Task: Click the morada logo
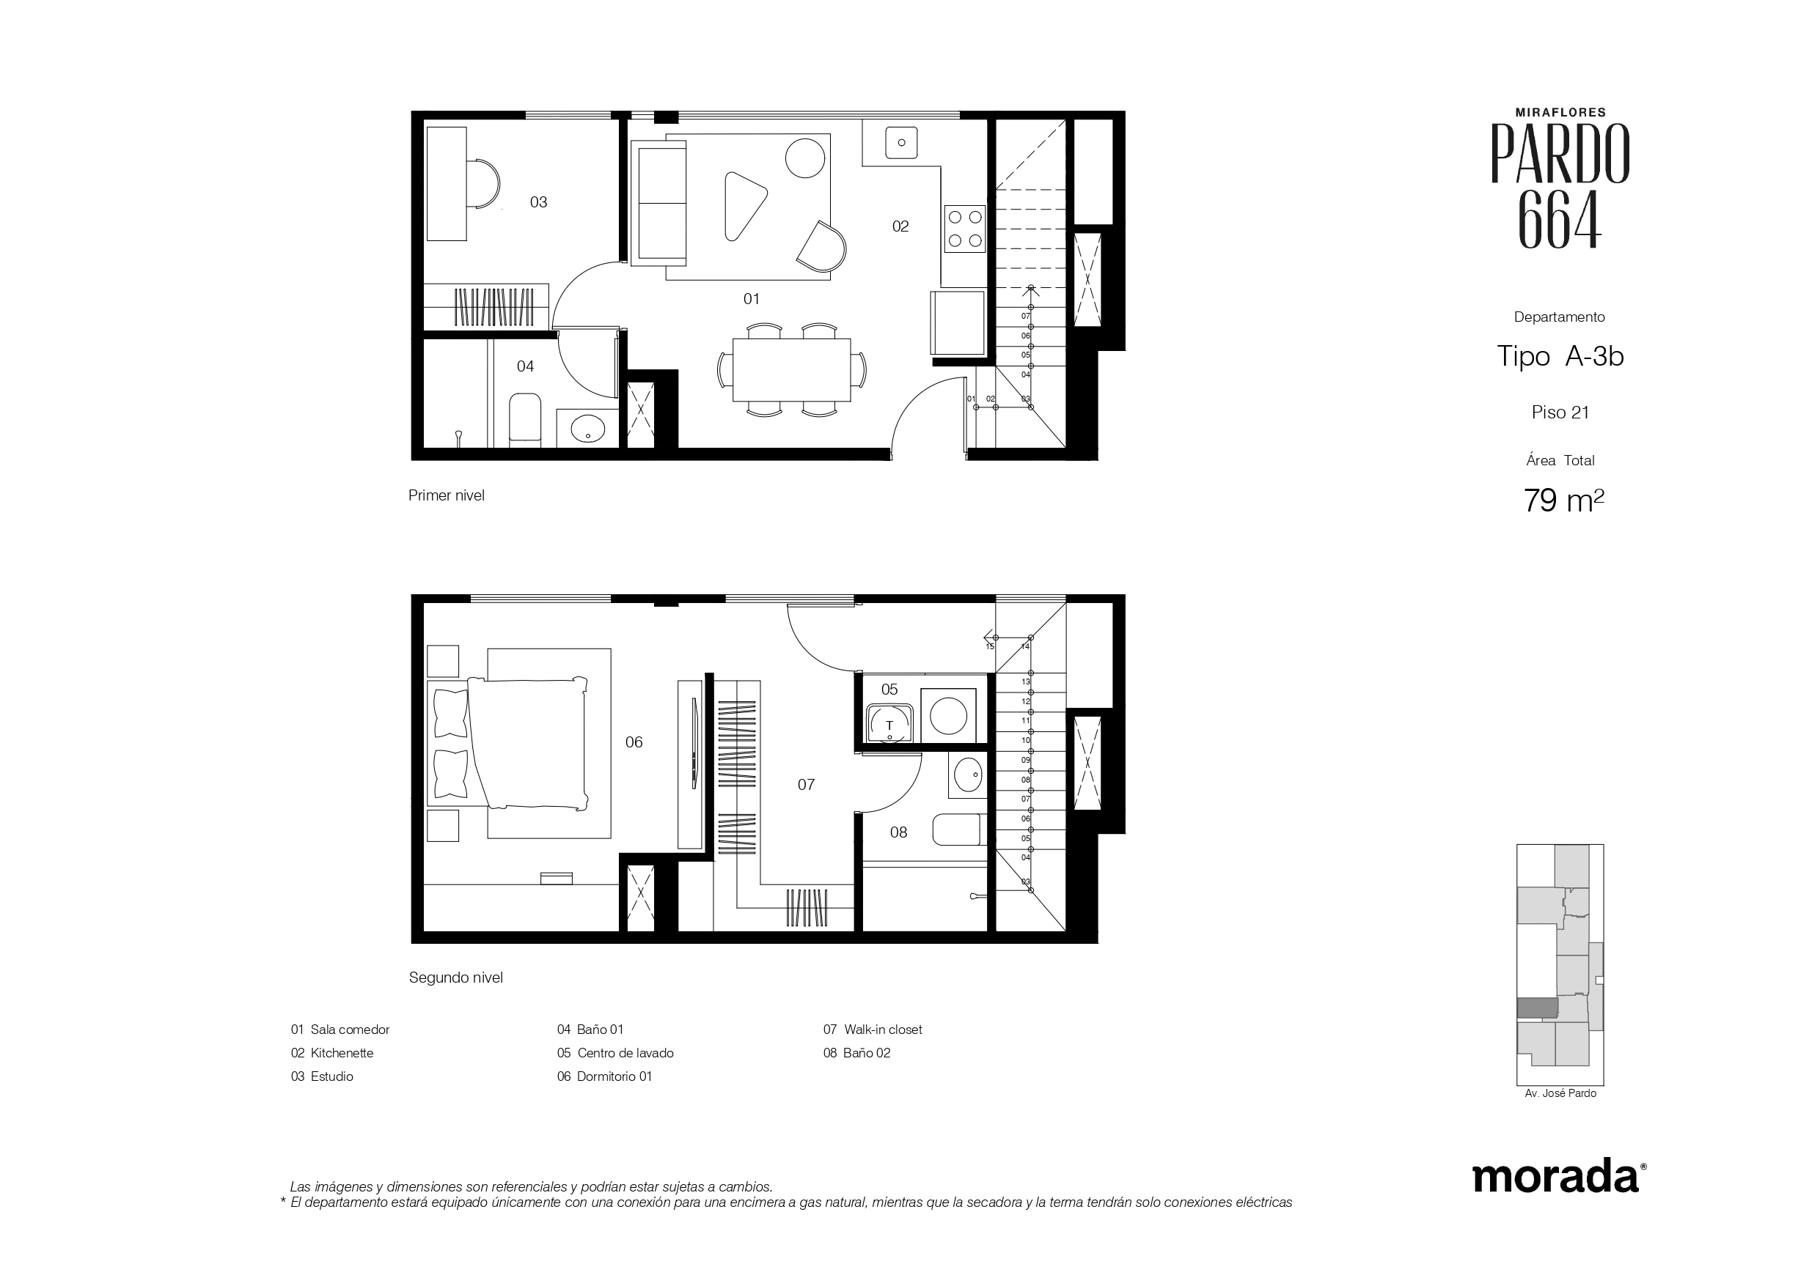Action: coord(1556,1177)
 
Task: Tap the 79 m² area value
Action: coord(1564,500)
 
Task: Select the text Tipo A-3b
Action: coord(1560,357)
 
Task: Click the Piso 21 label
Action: coord(1560,412)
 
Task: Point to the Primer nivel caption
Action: coord(447,495)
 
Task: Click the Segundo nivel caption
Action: coord(456,978)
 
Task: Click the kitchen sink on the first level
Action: coord(901,143)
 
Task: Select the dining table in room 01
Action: coord(792,370)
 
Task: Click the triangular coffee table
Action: coord(744,204)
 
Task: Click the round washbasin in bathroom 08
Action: coord(967,774)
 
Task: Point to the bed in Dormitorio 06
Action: coord(527,742)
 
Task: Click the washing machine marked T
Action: coord(889,723)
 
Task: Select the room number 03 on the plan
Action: coord(539,202)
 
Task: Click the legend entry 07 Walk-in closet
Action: coord(873,1030)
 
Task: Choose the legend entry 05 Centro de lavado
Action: coord(615,1053)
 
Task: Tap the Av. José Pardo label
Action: coord(1560,1093)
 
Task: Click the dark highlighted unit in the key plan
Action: coord(1537,1008)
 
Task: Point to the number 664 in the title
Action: coord(1559,218)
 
